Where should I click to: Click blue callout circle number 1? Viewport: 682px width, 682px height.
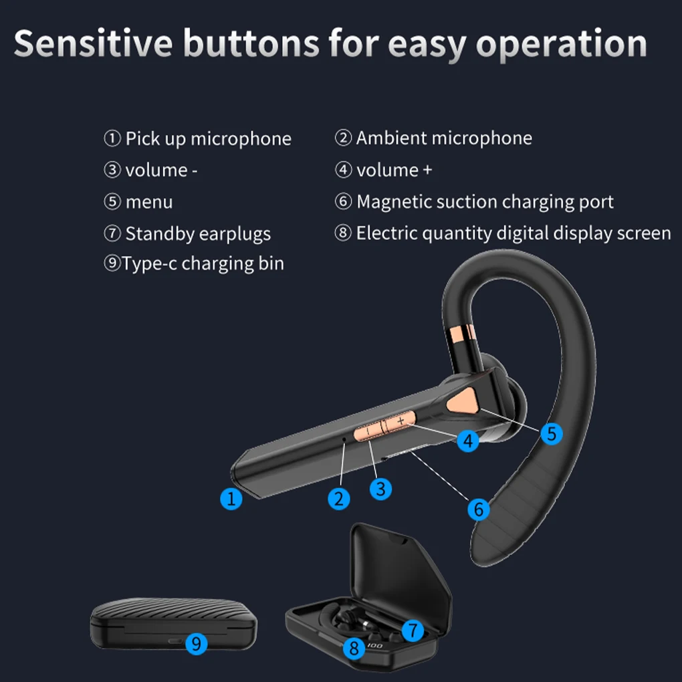(231, 499)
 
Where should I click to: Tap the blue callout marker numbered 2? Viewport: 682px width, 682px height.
(339, 499)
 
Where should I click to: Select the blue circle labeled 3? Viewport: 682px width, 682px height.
(380, 489)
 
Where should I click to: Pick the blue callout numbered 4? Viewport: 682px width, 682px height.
(468, 441)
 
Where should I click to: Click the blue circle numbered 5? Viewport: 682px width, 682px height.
(551, 433)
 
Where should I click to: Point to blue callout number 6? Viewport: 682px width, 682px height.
(478, 509)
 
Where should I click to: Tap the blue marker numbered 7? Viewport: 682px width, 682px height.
(413, 630)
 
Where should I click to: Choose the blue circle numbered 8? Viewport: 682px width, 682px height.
(354, 647)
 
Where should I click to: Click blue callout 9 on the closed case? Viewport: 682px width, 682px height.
(196, 644)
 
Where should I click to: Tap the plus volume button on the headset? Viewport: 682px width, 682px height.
(400, 421)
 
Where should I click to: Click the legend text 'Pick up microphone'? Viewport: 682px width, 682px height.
(208, 139)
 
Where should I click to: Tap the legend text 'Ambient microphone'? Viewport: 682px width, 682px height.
(444, 138)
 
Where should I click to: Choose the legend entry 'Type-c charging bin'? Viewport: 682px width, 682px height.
(203, 263)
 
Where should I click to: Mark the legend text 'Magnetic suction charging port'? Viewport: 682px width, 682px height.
(485, 202)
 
